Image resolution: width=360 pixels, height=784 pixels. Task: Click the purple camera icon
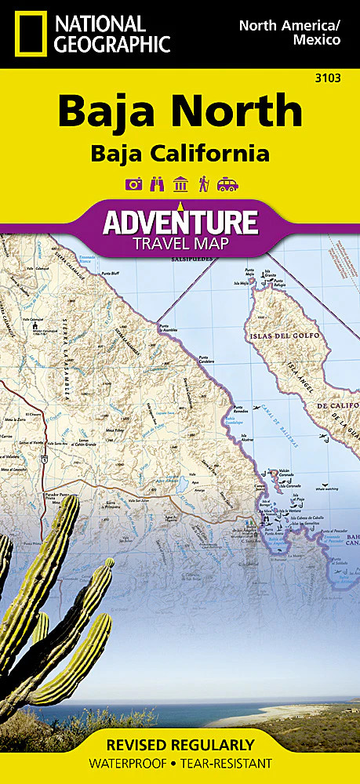(x=133, y=184)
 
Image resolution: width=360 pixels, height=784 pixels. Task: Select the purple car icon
(x=227, y=184)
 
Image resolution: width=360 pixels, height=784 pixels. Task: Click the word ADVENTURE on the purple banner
(x=180, y=223)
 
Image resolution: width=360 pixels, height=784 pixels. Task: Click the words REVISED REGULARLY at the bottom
(x=180, y=745)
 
